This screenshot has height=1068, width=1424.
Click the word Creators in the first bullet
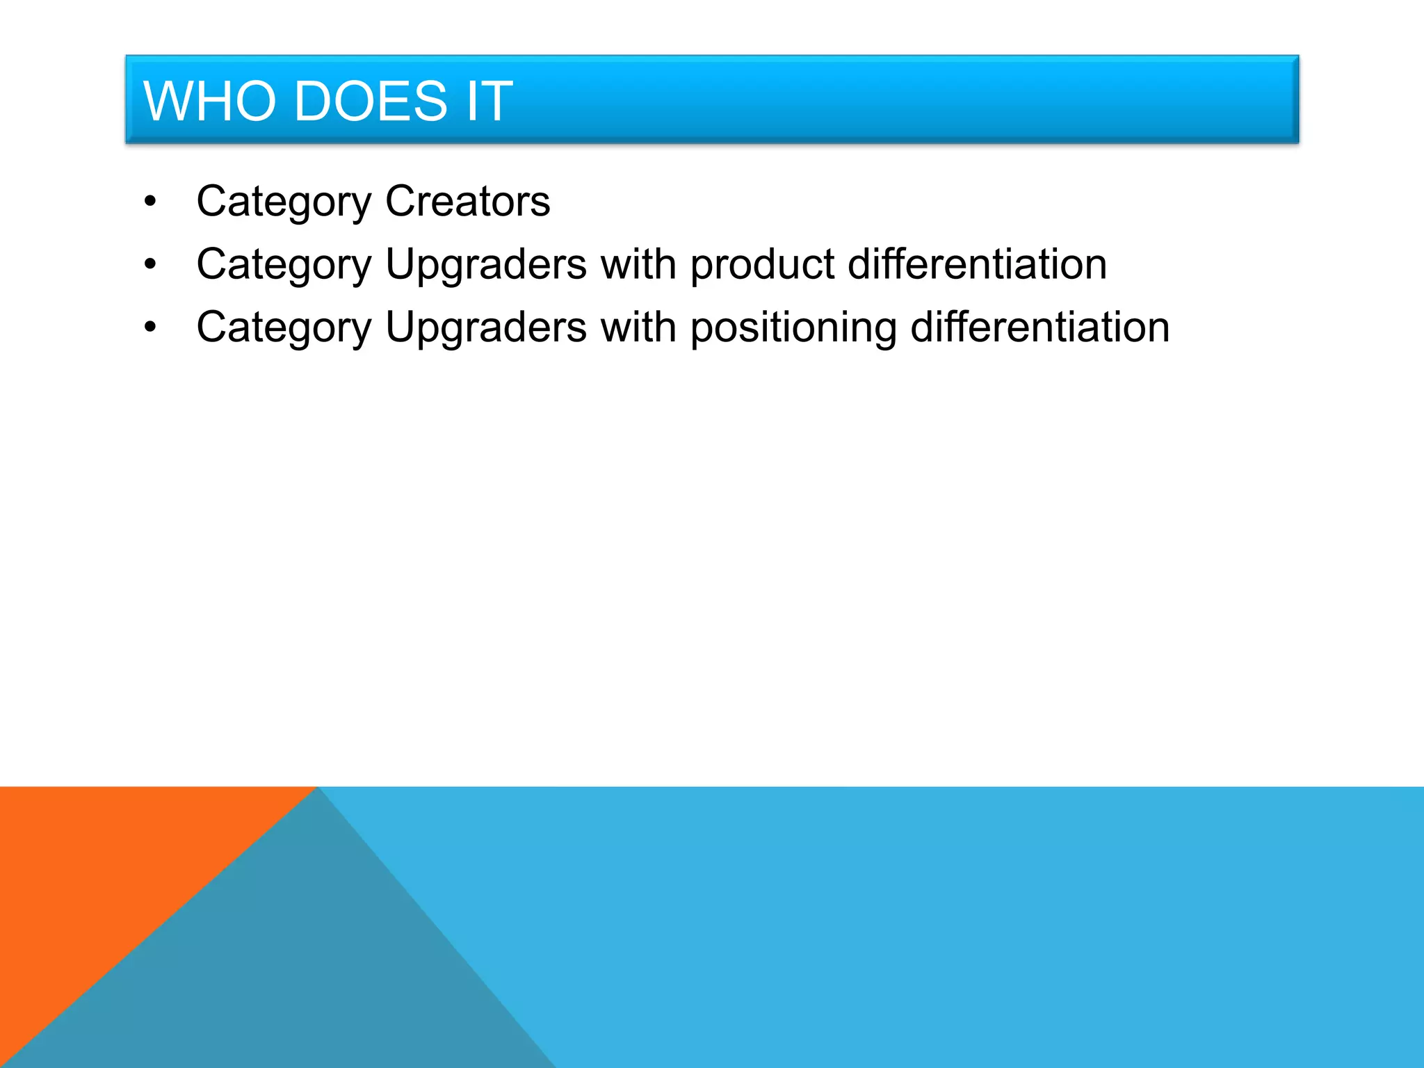467,202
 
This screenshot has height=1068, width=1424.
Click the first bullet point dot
150,202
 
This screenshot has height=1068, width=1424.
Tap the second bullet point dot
150,265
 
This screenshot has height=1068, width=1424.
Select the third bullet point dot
150,327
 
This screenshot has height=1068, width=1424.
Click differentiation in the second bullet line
977,264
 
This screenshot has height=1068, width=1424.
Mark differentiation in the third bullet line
1039,327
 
